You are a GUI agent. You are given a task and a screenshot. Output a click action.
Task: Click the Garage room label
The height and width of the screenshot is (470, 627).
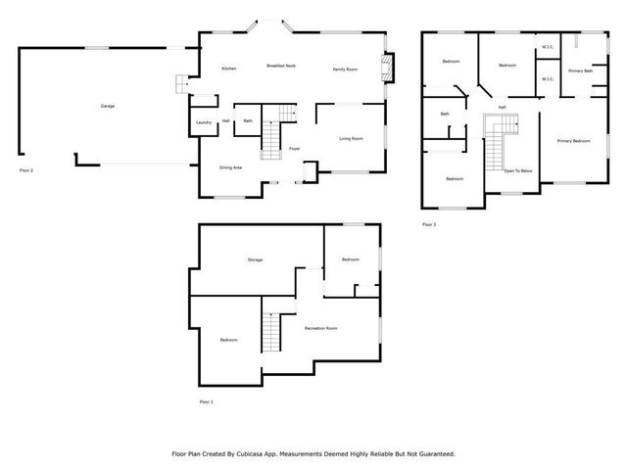(108, 106)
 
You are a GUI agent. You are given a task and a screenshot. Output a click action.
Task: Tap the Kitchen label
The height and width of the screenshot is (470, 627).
(228, 69)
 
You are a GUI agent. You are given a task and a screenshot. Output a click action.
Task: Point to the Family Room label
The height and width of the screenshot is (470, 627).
(345, 69)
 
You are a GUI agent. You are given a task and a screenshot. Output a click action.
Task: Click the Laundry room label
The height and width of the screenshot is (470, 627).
(204, 122)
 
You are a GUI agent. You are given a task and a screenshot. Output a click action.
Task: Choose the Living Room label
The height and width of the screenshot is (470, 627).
(352, 139)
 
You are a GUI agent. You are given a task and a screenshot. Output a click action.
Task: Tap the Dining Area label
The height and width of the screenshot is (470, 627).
(231, 167)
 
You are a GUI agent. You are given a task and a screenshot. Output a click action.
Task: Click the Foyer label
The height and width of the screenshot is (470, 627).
(294, 149)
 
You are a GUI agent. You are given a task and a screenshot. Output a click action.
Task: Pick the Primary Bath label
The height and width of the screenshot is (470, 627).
(580, 71)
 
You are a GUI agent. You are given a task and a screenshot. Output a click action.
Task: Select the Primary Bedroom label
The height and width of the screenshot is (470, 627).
(573, 142)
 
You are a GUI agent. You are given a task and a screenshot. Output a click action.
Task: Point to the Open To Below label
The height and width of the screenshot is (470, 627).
(518, 170)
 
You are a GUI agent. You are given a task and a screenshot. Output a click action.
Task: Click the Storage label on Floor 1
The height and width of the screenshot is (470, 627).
(255, 259)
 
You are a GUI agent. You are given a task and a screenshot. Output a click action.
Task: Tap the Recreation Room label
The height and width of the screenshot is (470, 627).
(321, 327)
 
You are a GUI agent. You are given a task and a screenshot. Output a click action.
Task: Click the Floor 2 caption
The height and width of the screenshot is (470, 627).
(26, 170)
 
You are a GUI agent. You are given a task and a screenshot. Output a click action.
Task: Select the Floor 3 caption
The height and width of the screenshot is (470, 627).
(429, 224)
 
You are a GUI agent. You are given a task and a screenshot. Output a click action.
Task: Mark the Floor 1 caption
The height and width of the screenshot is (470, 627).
(206, 401)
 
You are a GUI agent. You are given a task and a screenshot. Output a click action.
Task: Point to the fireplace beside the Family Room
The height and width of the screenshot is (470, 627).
(389, 69)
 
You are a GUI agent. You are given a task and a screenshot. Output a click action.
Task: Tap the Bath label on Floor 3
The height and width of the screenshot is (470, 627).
(445, 115)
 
